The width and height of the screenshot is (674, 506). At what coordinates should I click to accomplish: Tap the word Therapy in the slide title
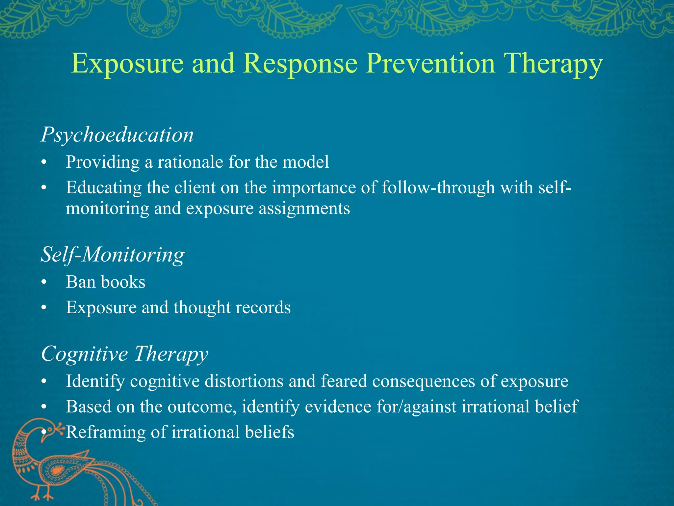tap(553, 65)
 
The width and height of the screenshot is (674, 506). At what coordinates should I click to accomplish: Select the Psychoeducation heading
tap(117, 135)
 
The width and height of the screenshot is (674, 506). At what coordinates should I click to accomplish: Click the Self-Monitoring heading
tap(113, 255)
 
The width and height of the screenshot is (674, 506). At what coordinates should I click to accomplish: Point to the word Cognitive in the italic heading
tap(84, 354)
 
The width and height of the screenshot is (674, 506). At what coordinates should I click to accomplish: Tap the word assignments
tap(304, 209)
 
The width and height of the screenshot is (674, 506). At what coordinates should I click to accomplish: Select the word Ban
tap(81, 282)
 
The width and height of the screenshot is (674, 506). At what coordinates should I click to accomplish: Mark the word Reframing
tap(105, 432)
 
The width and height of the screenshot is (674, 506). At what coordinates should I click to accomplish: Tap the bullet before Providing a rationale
tap(44, 163)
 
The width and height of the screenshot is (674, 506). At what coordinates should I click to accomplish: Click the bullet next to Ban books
tap(44, 283)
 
